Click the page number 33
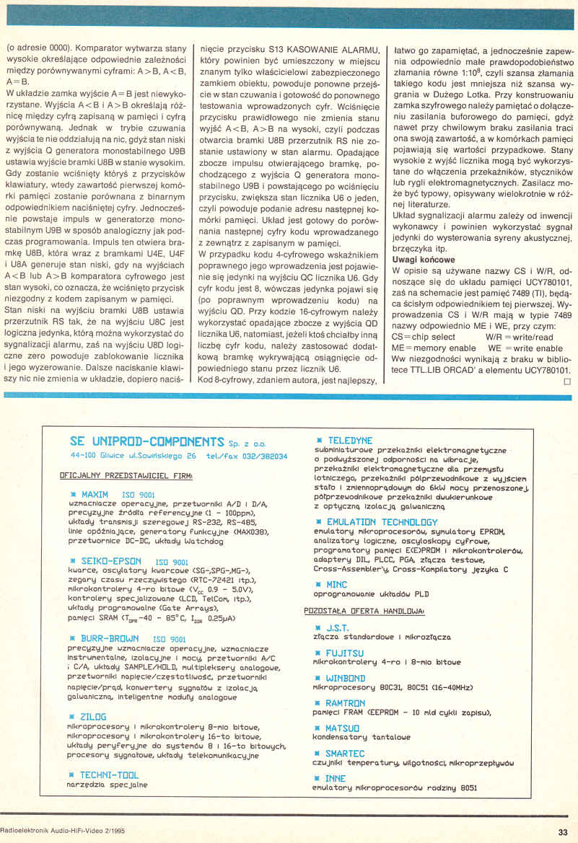pos(562,831)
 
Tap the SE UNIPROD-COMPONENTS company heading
pos(147,441)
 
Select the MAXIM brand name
pos(95,494)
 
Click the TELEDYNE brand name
pos(350,440)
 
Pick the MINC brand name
pos(336,585)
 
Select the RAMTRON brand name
pos(346,703)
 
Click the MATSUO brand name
pos(343,728)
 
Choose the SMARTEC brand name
pos(346,753)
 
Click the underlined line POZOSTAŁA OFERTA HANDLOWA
pos(364,610)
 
